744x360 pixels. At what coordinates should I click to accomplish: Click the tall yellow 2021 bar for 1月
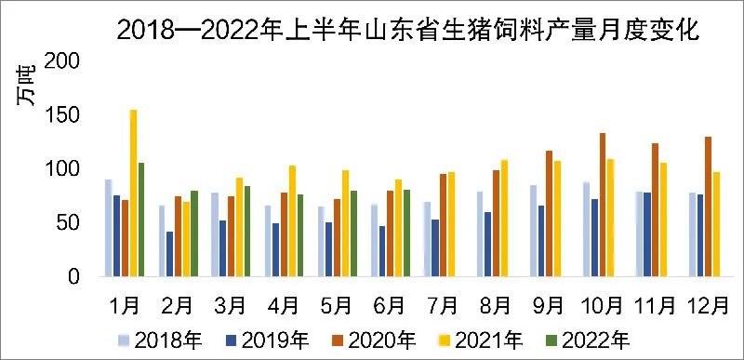point(133,193)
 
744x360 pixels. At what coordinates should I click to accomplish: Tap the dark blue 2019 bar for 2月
point(169,254)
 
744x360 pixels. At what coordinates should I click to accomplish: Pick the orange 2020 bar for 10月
point(603,205)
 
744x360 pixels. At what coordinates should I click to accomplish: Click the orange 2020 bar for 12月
point(709,207)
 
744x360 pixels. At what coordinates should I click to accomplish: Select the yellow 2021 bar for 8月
point(505,219)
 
